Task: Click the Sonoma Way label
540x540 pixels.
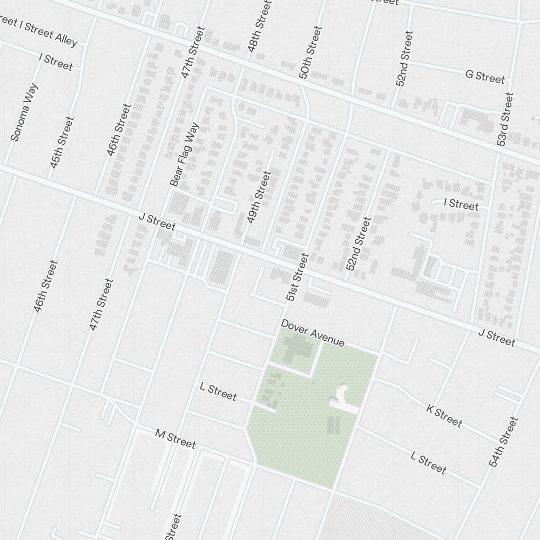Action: point(25,112)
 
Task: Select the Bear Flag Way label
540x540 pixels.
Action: point(185,155)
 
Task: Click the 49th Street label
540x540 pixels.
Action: point(258,197)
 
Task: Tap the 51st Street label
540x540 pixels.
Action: point(297,277)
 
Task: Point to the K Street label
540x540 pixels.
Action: point(444,415)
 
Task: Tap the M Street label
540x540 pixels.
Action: point(175,439)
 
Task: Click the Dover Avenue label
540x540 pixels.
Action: point(312,333)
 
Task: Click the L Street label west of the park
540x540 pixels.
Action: point(218,391)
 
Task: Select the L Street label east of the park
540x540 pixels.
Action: point(428,463)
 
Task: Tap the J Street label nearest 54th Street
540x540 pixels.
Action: point(496,338)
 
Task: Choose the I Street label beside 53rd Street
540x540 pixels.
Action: point(461,205)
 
